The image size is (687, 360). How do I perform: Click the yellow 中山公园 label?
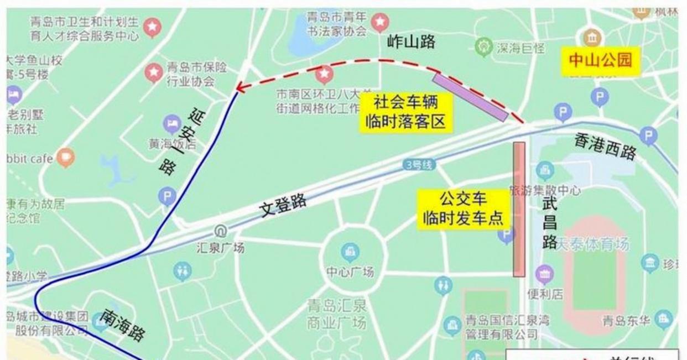[x=600, y=59]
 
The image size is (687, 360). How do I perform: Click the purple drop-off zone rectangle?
[x=470, y=97]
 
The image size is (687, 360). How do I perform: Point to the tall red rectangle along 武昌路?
[x=518, y=209]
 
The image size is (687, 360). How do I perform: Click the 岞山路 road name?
[x=411, y=41]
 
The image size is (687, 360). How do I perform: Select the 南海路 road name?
[x=122, y=325]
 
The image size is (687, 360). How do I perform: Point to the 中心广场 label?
[x=350, y=272]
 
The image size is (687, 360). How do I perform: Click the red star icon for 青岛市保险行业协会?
[x=153, y=72]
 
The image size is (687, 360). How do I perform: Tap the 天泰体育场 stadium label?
[x=592, y=244]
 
